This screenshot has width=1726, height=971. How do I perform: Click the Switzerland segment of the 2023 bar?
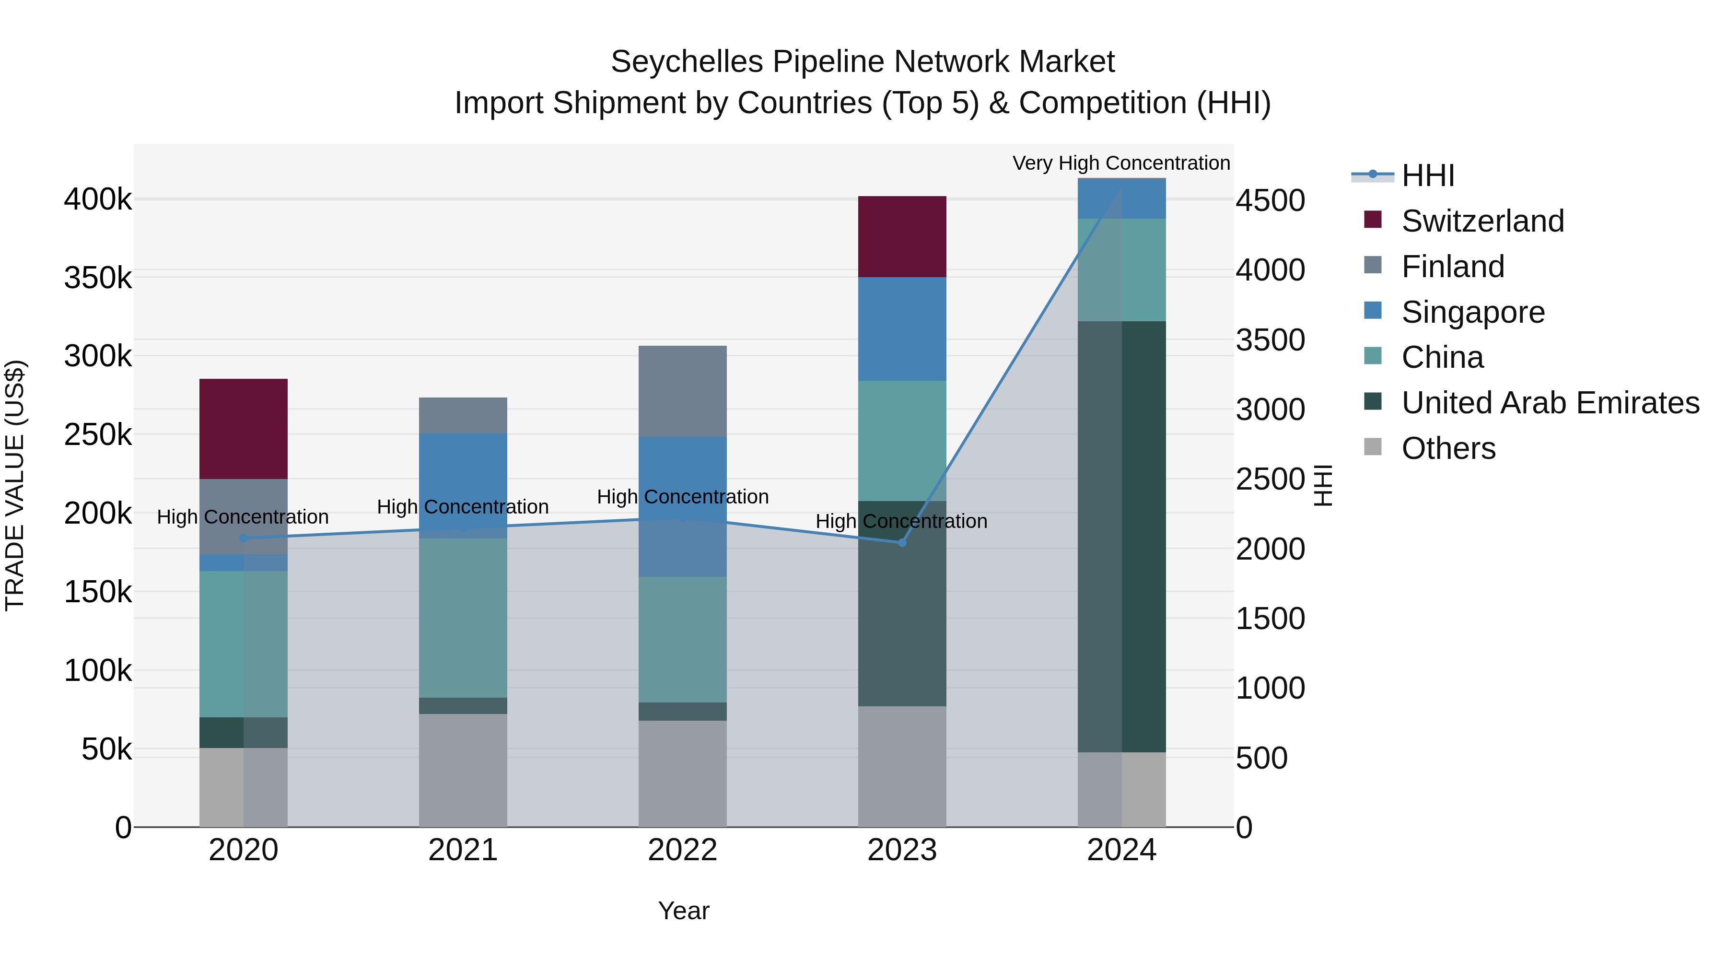tap(902, 236)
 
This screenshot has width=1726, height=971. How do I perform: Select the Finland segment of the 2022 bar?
tap(682, 391)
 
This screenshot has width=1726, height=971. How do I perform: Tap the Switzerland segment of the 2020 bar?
tap(243, 429)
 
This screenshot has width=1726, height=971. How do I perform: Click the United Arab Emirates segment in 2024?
tap(1121, 536)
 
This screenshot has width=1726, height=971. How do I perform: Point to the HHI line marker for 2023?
tap(902, 542)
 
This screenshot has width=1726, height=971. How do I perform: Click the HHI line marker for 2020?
tap(243, 538)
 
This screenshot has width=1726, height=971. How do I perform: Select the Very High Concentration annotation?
tap(1121, 163)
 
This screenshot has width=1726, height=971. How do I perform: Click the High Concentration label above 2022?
tap(682, 497)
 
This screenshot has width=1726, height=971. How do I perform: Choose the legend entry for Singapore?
tap(1473, 312)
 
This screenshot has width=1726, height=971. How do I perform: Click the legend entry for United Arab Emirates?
tap(1550, 403)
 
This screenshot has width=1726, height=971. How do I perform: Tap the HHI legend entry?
tap(1427, 175)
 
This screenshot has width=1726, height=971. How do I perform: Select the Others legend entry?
tap(1448, 448)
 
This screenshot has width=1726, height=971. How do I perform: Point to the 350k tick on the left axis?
tap(98, 278)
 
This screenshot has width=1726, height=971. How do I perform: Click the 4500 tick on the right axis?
tap(1270, 200)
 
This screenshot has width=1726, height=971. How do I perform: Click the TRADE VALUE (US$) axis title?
tap(15, 485)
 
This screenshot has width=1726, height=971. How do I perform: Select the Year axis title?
tap(683, 911)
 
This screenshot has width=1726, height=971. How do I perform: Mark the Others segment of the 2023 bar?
tap(902, 766)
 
